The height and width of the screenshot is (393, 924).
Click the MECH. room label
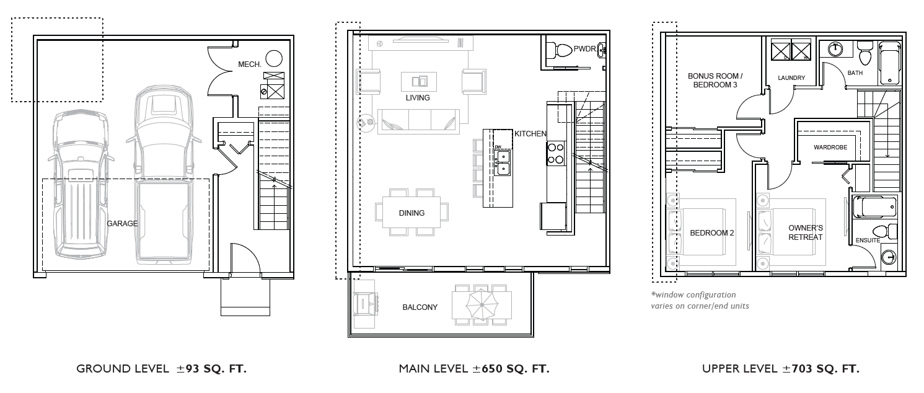pyautogui.click(x=250, y=64)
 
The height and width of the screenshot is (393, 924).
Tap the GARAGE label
pyautogui.click(x=122, y=223)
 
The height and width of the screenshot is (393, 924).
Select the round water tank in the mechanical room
pyautogui.click(x=274, y=59)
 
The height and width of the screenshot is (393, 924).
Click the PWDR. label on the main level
pyautogui.click(x=585, y=49)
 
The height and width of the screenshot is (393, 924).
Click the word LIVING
pyautogui.click(x=418, y=98)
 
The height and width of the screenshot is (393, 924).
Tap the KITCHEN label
pyautogui.click(x=530, y=134)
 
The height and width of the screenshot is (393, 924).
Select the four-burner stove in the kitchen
pyautogui.click(x=556, y=153)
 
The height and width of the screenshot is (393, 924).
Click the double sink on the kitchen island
pyautogui.click(x=503, y=162)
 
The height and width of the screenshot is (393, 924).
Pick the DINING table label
pyautogui.click(x=411, y=213)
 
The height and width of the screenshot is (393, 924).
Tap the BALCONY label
pyautogui.click(x=420, y=307)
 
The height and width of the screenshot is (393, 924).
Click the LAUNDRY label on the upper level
pyautogui.click(x=791, y=77)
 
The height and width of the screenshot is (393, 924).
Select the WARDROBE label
pyautogui.click(x=830, y=147)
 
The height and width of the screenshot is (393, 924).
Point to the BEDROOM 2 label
pyautogui.click(x=712, y=233)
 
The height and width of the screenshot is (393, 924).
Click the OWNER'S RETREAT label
pyautogui.click(x=806, y=232)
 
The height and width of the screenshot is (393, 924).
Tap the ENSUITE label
pyautogui.click(x=868, y=241)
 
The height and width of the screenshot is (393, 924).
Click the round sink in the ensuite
pyautogui.click(x=889, y=258)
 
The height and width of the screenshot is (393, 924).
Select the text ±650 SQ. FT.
pyautogui.click(x=511, y=369)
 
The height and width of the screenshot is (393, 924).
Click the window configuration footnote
pyautogui.click(x=700, y=300)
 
